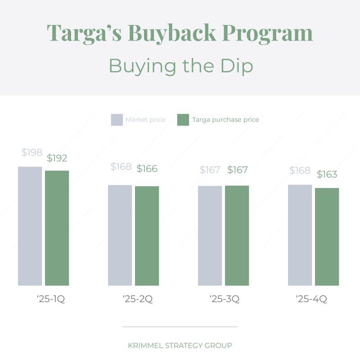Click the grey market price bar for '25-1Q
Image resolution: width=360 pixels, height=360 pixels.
tap(30, 226)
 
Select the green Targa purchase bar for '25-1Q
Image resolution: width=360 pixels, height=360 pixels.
tap(57, 228)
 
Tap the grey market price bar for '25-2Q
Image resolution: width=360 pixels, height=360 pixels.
tap(120, 235)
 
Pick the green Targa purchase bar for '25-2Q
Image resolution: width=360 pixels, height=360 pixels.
tap(147, 236)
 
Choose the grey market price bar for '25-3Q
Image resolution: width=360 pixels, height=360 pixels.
tap(210, 235)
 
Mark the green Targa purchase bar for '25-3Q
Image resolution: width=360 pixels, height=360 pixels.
tap(237, 235)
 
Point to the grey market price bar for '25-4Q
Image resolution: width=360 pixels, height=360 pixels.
tap(300, 235)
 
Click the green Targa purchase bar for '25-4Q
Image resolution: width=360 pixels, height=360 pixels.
tap(327, 237)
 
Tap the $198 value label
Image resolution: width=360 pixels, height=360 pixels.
tap(31, 153)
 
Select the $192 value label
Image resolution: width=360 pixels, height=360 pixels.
tap(57, 158)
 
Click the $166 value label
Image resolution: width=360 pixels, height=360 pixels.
tap(147, 169)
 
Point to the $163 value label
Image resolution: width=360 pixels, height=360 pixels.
tap(327, 175)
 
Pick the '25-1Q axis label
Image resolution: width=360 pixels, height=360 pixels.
tap(51, 299)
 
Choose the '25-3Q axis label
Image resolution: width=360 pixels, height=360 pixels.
tap(224, 299)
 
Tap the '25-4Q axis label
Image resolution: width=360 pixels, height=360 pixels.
tap(311, 299)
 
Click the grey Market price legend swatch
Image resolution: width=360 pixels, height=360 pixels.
tap(117, 120)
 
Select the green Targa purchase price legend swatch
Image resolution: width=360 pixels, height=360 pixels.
tap(183, 120)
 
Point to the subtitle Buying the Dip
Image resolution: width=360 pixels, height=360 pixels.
tap(180, 66)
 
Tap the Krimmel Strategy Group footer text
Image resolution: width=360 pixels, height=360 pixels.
tap(180, 346)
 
